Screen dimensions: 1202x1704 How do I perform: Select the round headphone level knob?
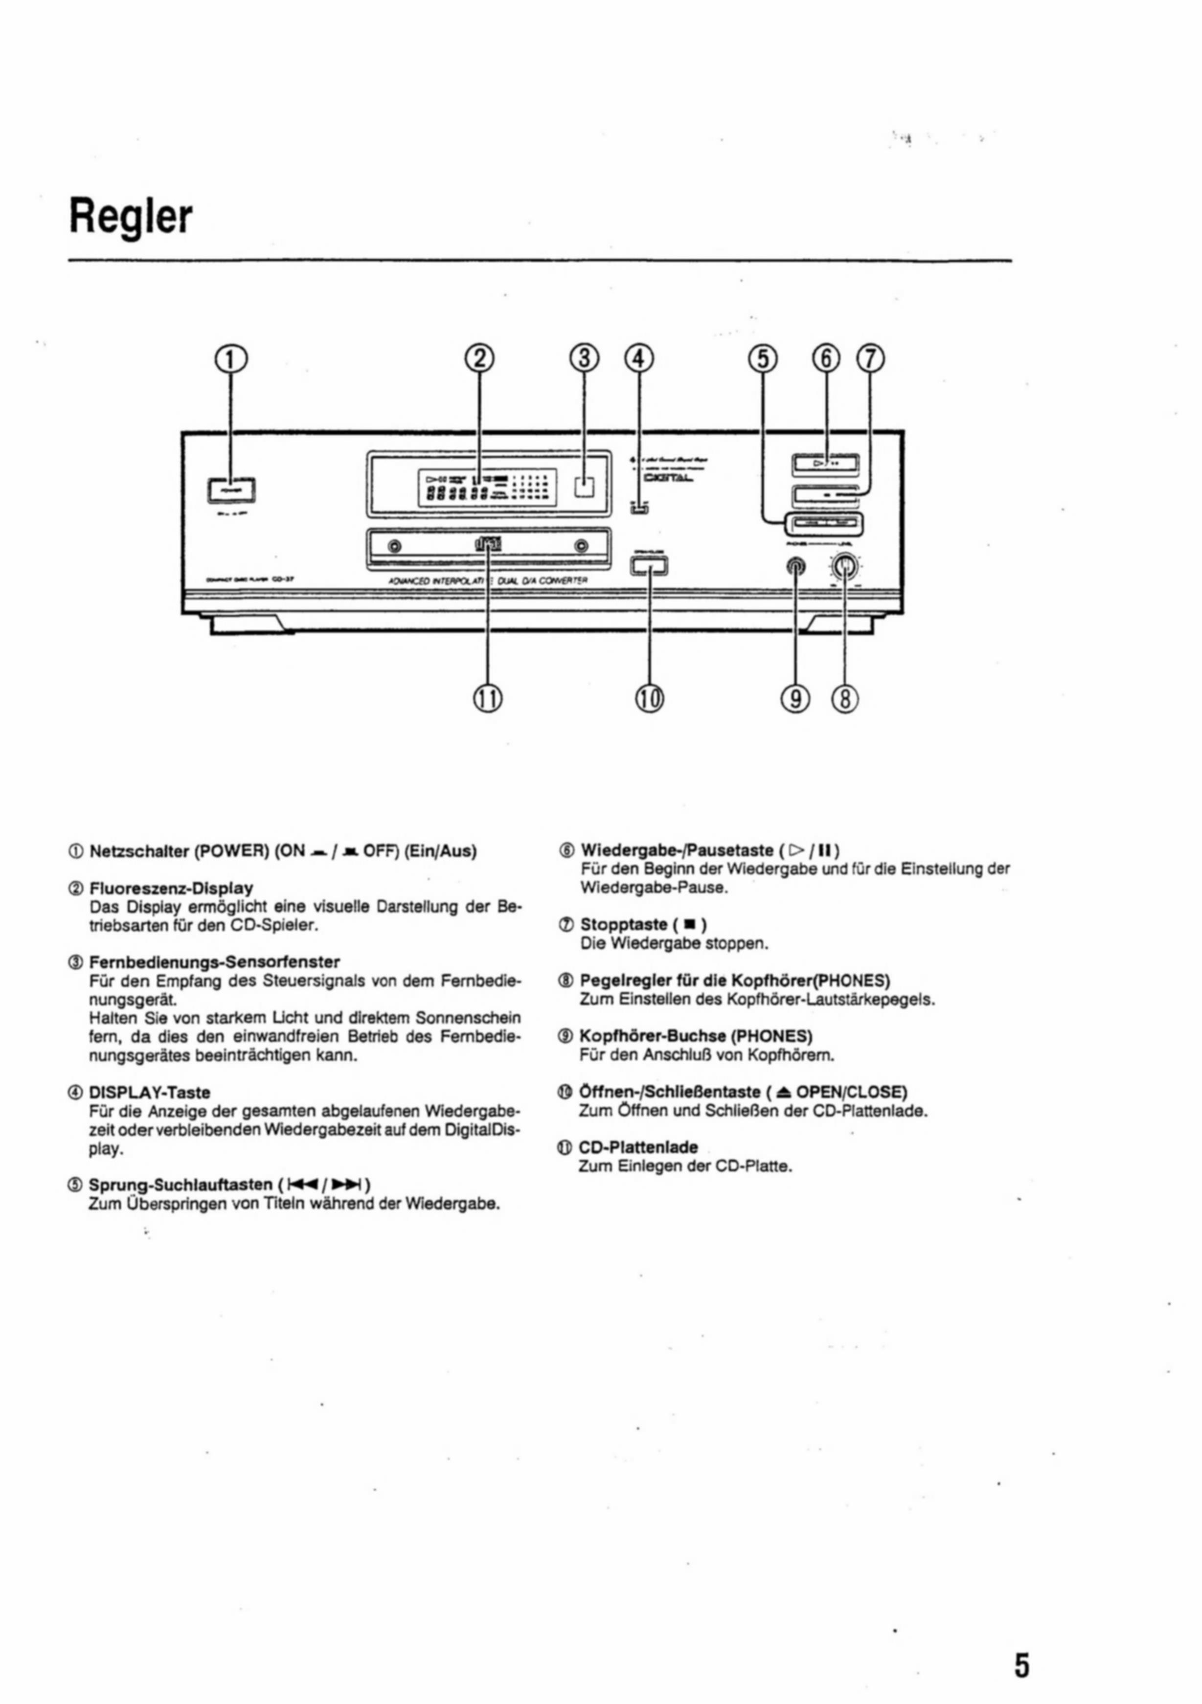point(844,568)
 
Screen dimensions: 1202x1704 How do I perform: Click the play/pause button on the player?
point(826,465)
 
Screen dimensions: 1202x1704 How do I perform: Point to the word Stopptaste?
point(624,925)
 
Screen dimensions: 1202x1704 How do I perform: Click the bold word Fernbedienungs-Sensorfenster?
point(215,962)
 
